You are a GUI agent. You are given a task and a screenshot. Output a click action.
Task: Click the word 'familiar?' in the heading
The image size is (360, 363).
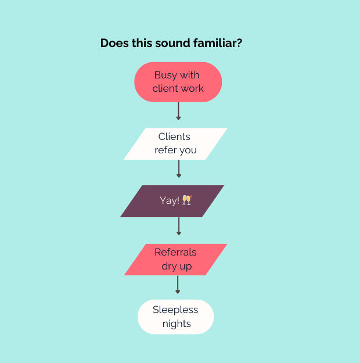218,43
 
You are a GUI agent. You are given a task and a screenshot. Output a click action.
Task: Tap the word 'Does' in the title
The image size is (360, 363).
114,43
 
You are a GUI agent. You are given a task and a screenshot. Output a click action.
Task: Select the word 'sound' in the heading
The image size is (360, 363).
172,43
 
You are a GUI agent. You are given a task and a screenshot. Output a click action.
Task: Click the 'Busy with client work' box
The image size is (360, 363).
178,82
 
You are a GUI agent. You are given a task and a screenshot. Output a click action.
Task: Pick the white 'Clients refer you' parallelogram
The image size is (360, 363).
176,143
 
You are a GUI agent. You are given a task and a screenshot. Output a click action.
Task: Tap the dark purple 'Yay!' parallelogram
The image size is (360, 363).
172,201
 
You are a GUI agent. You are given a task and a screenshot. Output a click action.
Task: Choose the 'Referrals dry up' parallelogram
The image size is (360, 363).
176,260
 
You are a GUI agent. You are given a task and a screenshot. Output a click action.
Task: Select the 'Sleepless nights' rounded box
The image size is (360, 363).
175,317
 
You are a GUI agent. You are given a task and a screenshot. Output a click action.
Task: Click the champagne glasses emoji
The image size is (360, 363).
187,200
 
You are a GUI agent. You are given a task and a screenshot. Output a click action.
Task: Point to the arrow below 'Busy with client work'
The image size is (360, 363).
178,111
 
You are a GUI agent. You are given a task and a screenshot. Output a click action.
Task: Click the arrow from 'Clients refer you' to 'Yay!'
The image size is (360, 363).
179,169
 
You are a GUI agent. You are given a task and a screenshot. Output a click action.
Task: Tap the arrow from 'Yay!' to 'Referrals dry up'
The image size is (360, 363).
179,226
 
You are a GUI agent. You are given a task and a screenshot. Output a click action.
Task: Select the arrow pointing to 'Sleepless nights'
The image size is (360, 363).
178,285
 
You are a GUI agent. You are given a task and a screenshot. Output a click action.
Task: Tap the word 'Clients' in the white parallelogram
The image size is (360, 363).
174,136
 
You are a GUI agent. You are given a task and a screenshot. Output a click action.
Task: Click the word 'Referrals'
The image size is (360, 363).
175,252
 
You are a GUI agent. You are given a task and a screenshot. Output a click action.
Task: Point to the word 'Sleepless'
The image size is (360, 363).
175,310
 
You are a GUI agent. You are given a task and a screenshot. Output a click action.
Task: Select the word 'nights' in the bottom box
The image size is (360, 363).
177,324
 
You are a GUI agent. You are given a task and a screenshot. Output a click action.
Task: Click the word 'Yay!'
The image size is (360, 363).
170,200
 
